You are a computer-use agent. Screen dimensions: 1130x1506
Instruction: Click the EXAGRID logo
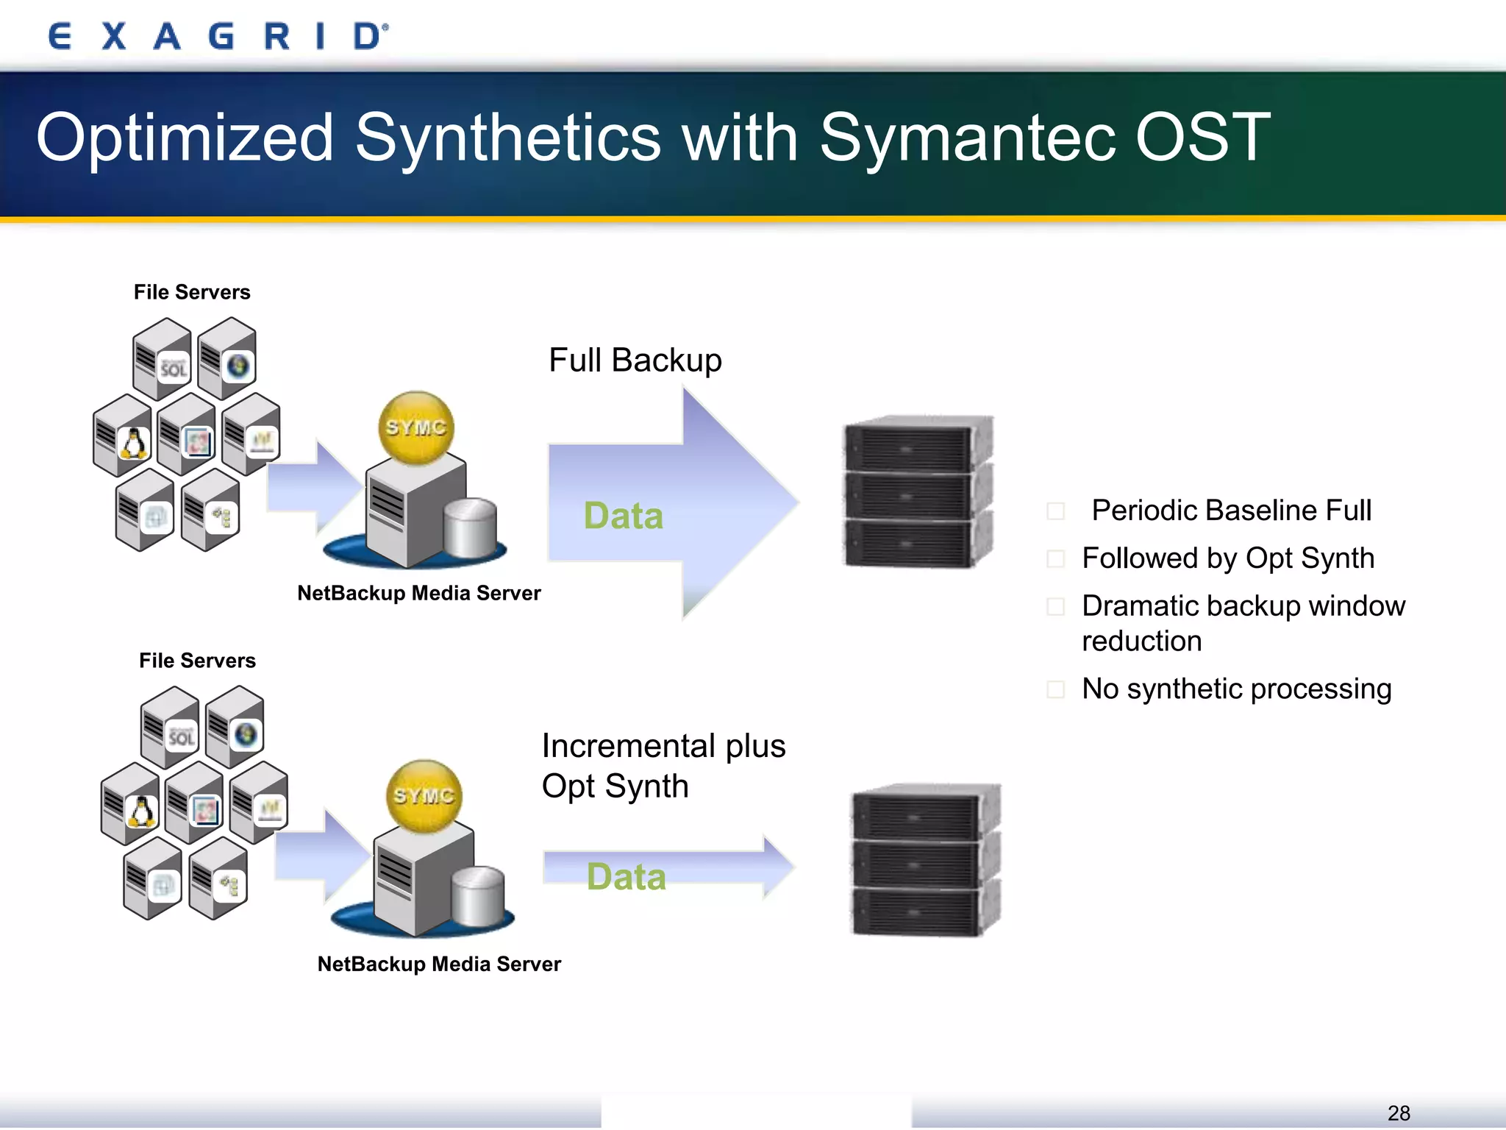[218, 36]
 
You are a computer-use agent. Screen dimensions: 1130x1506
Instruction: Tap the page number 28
[1398, 1112]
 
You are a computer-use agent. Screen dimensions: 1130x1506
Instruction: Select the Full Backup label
[635, 360]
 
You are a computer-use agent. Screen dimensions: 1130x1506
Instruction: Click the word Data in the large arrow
[623, 515]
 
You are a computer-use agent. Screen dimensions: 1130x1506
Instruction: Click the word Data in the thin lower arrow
[626, 876]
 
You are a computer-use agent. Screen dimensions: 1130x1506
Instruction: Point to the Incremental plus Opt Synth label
[663, 765]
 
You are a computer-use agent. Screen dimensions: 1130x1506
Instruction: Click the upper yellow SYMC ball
[416, 427]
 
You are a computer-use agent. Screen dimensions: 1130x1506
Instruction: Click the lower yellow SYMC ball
[424, 796]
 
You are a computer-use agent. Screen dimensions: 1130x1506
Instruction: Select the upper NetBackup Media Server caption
[418, 593]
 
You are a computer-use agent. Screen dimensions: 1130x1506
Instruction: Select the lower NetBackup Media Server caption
[439, 964]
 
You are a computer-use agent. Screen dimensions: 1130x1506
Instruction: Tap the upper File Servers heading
[192, 292]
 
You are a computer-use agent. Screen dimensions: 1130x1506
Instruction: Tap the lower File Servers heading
[197, 661]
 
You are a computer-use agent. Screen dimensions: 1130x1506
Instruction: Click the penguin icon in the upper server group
[133, 443]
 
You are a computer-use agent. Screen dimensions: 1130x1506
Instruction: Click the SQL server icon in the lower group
[180, 736]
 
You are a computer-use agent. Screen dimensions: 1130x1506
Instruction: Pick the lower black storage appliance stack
[925, 860]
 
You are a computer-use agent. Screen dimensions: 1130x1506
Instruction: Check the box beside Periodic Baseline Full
[1055, 511]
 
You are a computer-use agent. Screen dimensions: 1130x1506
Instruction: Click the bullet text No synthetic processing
[1236, 689]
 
